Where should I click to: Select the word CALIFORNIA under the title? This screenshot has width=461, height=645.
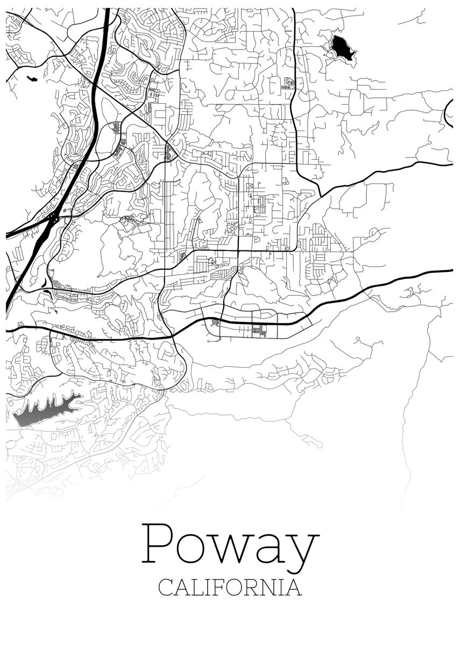click(x=230, y=586)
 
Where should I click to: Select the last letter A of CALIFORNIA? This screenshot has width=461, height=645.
click(x=294, y=586)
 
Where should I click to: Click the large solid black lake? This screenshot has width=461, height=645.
click(x=342, y=48)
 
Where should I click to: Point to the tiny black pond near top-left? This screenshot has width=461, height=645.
click(x=32, y=79)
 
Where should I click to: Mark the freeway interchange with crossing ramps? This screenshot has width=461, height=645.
click(x=54, y=218)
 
